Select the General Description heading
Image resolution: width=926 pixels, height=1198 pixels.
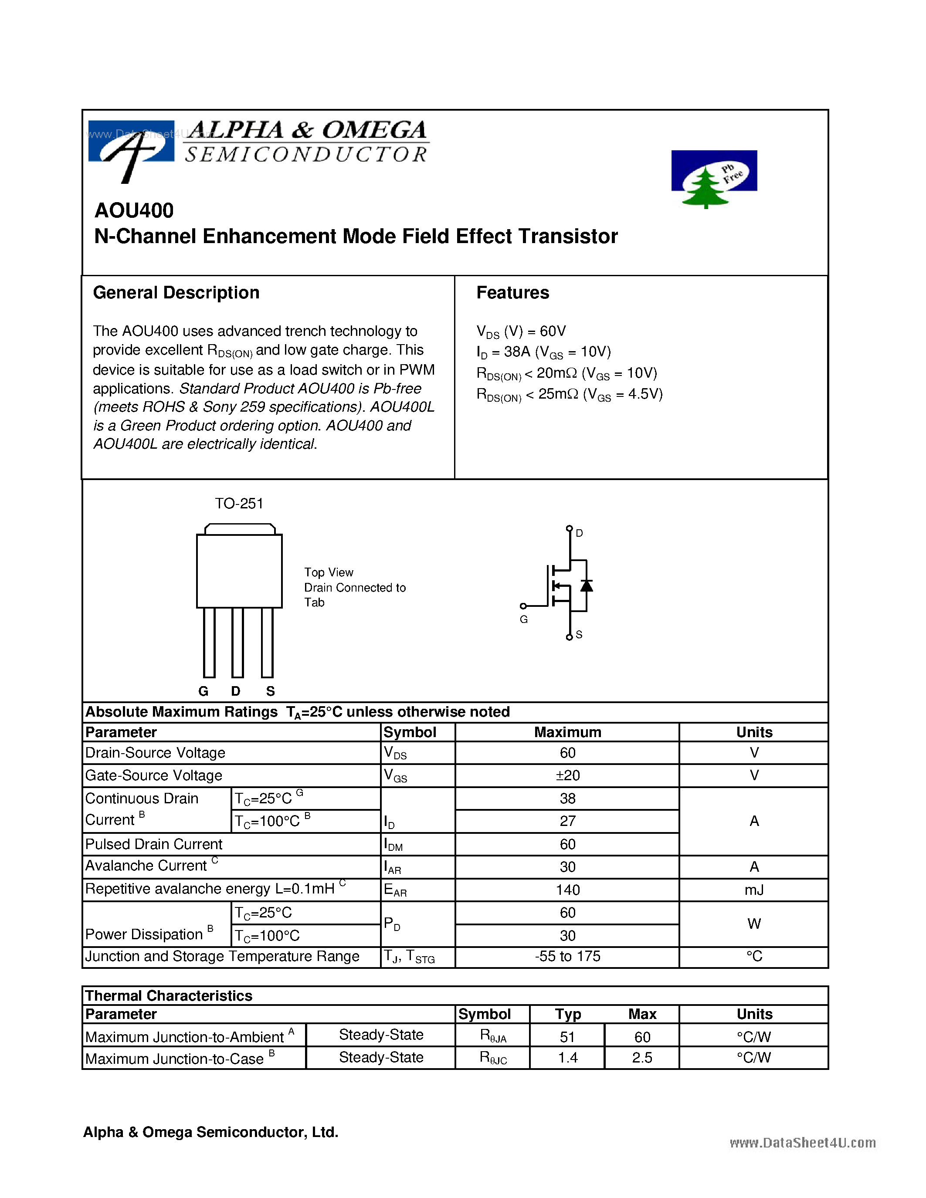click(176, 293)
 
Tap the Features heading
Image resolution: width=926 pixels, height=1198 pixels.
click(512, 293)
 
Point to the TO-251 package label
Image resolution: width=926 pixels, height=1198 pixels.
click(239, 504)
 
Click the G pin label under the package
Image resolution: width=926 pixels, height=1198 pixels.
click(204, 691)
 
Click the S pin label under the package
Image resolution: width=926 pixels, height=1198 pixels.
click(271, 691)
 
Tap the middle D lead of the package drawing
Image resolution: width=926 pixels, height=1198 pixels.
click(237, 642)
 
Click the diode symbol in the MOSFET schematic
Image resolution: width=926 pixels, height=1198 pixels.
click(587, 585)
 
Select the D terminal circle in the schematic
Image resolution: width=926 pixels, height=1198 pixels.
click(570, 529)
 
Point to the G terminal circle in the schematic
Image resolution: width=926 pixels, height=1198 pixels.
click(523, 606)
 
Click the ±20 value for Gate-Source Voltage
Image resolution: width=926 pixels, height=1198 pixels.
click(567, 775)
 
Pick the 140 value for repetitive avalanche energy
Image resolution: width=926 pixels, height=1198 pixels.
click(567, 890)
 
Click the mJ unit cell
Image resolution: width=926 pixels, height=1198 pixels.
click(754, 890)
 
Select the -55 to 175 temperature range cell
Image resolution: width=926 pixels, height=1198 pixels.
click(567, 957)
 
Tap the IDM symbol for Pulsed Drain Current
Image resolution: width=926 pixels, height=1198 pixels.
click(393, 845)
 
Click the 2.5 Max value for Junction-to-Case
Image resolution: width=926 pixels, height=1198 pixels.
click(642, 1058)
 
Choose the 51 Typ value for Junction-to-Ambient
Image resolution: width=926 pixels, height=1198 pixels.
click(567, 1037)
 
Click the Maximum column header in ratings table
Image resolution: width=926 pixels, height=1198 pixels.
click(567, 732)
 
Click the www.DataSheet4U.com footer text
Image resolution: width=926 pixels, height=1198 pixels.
click(802, 1143)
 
